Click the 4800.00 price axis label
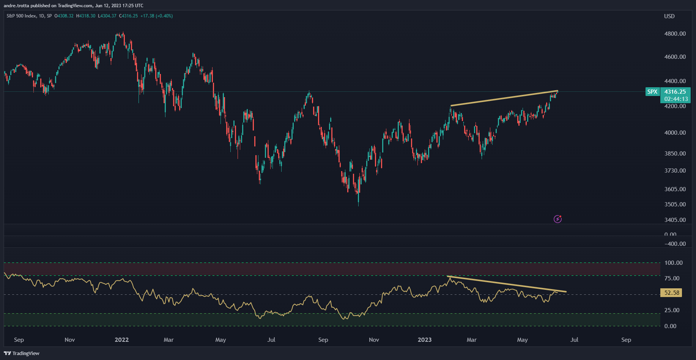point(675,34)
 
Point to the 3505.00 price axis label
point(675,204)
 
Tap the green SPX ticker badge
point(652,92)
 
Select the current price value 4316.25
point(675,92)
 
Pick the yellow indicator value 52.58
point(671,293)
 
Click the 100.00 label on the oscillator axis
point(673,263)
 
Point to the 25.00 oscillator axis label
point(672,310)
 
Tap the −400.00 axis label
point(675,244)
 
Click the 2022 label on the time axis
point(121,340)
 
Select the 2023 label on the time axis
point(424,340)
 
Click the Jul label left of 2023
point(271,340)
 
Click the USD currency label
point(669,16)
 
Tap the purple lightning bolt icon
point(557,219)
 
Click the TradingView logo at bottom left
point(22,353)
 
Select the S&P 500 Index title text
point(22,16)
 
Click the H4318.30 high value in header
point(86,16)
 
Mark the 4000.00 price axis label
point(675,132)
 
